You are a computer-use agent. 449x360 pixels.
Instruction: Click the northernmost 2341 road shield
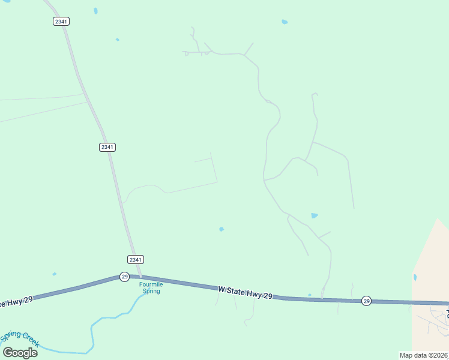[61, 21]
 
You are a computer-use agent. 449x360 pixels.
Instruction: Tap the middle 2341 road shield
[107, 147]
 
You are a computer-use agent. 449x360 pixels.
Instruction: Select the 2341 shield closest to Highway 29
[136, 259]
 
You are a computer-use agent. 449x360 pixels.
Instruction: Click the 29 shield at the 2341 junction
[124, 276]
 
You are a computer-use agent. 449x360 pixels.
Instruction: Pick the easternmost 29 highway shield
[366, 301]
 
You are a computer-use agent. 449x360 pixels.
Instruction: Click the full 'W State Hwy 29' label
[246, 293]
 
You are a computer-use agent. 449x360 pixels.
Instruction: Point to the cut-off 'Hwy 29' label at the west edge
[16, 301]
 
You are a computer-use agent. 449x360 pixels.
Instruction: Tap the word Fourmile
[151, 284]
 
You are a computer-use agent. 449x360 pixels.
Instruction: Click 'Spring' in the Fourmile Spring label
[151, 291]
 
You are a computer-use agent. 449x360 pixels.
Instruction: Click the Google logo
[20, 352]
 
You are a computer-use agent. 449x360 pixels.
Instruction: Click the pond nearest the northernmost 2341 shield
[95, 11]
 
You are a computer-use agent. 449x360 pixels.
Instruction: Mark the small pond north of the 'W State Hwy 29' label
[221, 229]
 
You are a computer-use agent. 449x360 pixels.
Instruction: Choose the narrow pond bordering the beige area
[414, 278]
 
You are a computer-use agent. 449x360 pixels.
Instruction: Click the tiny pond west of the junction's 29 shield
[54, 274]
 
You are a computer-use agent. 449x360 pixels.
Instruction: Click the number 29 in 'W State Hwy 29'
[268, 296]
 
